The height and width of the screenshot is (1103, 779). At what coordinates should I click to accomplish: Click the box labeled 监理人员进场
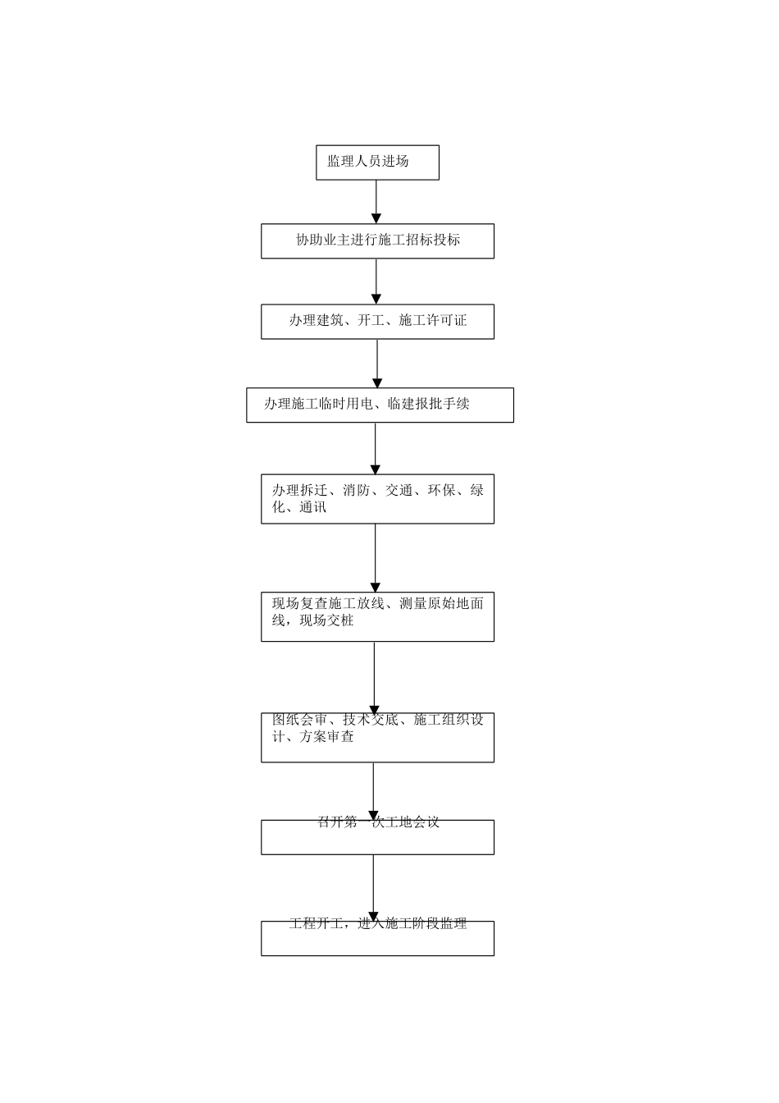tap(377, 162)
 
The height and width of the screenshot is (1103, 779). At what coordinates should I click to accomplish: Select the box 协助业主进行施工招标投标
tap(377, 240)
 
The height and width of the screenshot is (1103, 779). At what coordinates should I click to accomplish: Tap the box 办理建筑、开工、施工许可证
tap(377, 321)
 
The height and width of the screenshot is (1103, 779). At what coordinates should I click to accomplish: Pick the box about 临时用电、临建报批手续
tap(380, 405)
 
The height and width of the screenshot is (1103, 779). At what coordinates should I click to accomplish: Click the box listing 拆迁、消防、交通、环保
tap(377, 499)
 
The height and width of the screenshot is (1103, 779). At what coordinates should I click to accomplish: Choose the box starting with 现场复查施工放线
tap(377, 616)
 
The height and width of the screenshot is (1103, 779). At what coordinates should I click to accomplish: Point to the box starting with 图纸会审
tap(377, 737)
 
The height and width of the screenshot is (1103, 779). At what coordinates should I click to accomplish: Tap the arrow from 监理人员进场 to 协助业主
tap(376, 201)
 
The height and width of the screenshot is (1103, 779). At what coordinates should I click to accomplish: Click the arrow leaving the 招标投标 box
tap(376, 281)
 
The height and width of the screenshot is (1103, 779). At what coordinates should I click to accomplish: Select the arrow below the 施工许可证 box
tap(377, 363)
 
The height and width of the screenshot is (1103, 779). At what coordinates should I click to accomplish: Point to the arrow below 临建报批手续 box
tap(376, 448)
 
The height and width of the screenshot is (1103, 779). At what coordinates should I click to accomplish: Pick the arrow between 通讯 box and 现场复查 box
tap(376, 557)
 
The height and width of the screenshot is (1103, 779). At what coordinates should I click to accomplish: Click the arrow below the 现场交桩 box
tap(375, 677)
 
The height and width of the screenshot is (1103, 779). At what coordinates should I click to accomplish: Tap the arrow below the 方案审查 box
tap(374, 790)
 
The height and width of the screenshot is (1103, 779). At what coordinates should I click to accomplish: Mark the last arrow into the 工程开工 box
tap(374, 887)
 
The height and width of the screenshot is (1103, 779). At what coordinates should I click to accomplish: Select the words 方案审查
tap(326, 737)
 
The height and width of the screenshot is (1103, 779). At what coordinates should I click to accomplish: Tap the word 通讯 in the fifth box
tap(313, 508)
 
